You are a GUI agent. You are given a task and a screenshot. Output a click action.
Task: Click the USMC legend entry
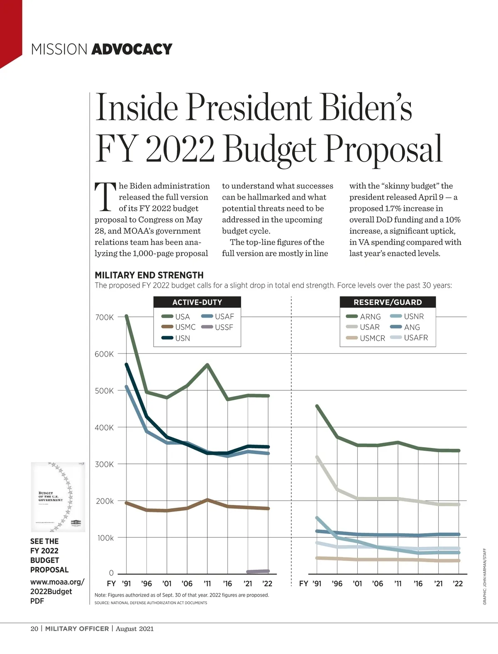(179, 327)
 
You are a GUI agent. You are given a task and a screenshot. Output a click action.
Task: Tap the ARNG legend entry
(364, 316)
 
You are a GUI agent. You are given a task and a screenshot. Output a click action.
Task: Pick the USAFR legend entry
(410, 338)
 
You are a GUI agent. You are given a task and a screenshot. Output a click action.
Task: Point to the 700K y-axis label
(104, 317)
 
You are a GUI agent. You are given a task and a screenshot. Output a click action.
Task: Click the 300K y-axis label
(104, 464)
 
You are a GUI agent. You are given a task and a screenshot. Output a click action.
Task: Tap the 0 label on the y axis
(111, 573)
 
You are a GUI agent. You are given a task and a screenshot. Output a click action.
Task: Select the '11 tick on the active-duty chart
(207, 583)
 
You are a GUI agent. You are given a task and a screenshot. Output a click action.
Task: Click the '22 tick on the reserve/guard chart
(458, 583)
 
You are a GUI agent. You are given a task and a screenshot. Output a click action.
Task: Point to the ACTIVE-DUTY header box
(197, 302)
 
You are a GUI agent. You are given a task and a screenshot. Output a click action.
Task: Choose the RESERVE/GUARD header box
(388, 302)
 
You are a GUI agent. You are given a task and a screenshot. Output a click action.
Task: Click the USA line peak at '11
(207, 365)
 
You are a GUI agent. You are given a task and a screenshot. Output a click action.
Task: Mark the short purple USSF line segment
(258, 571)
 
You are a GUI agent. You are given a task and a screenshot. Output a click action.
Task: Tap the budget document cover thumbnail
(58, 497)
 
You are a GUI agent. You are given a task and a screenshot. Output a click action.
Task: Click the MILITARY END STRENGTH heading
(149, 275)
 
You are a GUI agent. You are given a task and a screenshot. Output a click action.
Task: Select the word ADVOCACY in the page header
(132, 49)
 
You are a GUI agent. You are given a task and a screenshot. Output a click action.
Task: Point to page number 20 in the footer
(34, 629)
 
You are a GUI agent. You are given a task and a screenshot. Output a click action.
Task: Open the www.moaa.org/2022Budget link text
(57, 586)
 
